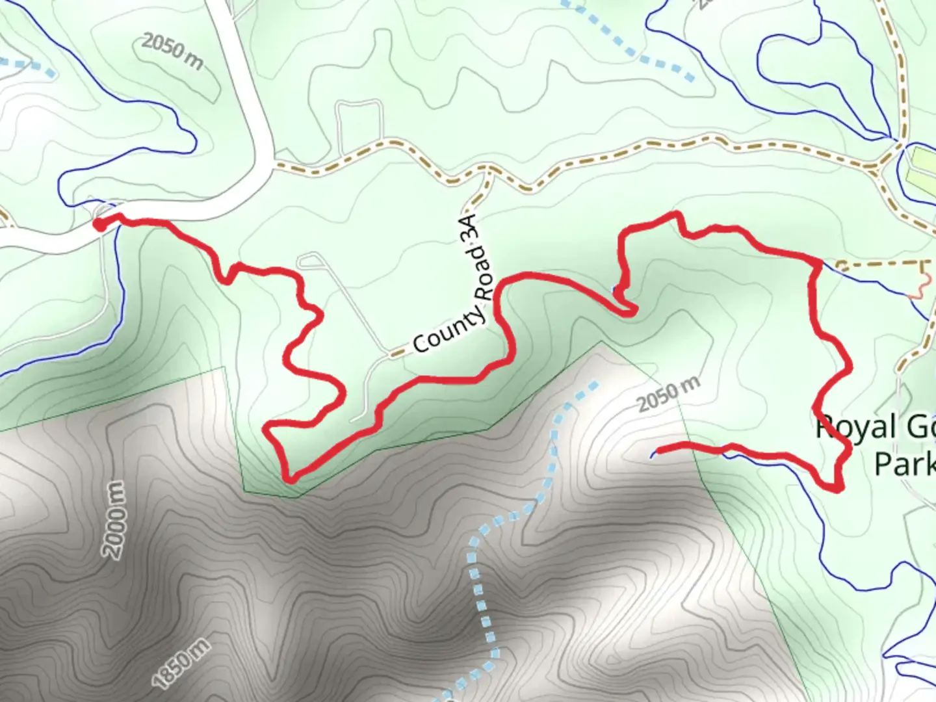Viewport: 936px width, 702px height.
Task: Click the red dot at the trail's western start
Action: pyautogui.click(x=99, y=224)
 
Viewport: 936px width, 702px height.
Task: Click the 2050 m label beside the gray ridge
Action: pyautogui.click(x=669, y=394)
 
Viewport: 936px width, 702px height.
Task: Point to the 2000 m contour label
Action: pyautogui.click(x=115, y=521)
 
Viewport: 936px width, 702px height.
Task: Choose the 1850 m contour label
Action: pyautogui.click(x=182, y=663)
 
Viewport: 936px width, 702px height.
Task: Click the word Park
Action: pyautogui.click(x=905, y=464)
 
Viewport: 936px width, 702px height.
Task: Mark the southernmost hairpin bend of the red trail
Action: pyautogui.click(x=290, y=478)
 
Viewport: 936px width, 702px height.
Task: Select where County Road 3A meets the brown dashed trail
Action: pyautogui.click(x=489, y=170)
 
